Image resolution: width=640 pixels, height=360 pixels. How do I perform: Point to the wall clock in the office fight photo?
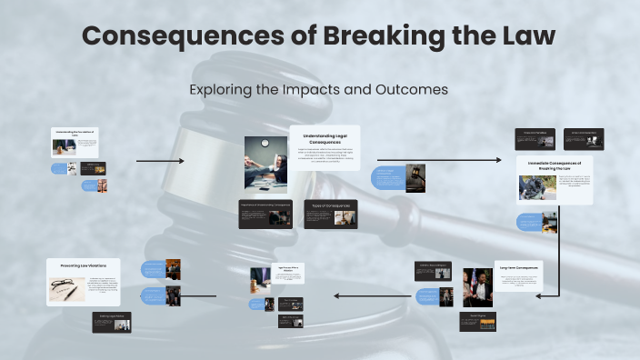pos(265,143)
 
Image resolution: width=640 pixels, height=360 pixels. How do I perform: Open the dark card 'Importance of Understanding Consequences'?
pos(265,214)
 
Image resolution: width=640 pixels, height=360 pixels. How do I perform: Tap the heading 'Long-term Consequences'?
pos(518,267)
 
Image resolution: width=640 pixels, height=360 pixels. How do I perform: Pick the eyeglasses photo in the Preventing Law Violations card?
pos(66,288)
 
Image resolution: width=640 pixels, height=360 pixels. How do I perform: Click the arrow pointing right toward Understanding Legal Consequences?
pos(160,161)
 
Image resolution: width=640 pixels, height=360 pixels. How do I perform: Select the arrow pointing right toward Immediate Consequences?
pos(438,160)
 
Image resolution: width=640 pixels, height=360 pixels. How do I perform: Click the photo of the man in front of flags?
pos(477,286)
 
